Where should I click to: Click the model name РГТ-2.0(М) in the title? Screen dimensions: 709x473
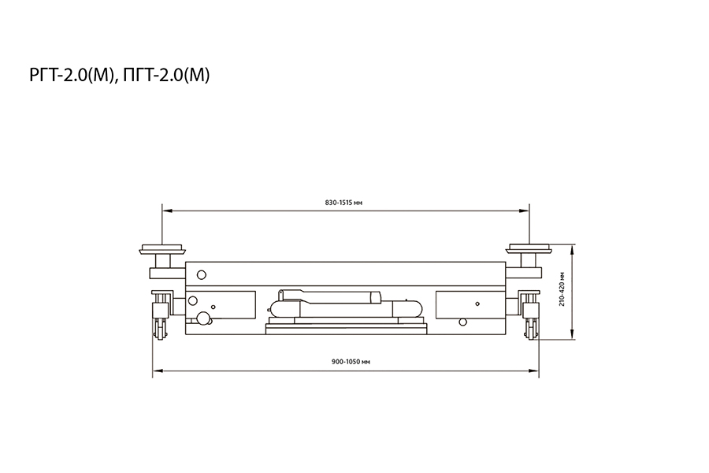71,75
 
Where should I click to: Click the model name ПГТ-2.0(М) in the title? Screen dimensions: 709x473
167,75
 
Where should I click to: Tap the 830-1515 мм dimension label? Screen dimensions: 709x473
343,203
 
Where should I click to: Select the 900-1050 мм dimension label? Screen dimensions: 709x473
351,362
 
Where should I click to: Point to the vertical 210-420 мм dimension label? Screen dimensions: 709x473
562,289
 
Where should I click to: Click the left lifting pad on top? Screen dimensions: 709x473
162,249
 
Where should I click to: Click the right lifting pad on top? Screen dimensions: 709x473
529,249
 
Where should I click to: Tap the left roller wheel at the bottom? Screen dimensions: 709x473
160,328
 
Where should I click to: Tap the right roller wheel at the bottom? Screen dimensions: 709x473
531,328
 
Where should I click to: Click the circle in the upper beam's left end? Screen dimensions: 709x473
202,275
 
